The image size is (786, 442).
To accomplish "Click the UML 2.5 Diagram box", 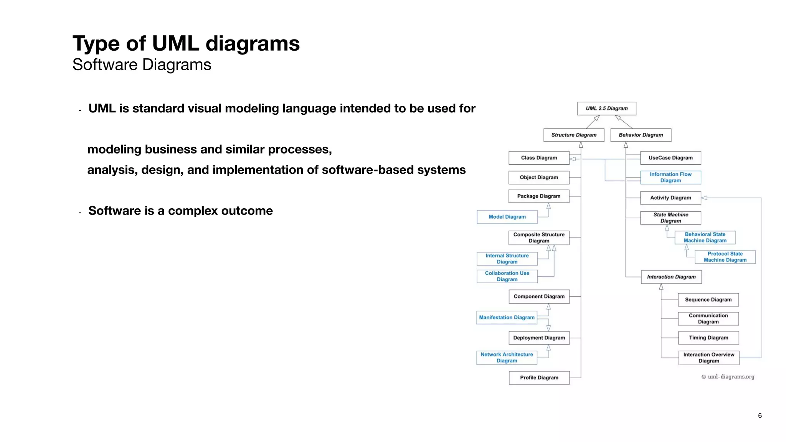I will pos(606,109).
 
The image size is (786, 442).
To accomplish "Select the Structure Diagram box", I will pos(574,135).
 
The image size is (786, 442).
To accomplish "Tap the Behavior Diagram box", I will pos(641,135).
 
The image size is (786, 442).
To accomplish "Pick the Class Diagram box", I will pos(539,158).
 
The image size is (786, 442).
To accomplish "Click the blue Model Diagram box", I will pos(507,217).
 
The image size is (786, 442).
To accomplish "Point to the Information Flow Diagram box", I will pos(670,177).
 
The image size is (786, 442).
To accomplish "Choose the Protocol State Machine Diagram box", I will pos(725,257).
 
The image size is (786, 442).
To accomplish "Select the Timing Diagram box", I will pos(708,338).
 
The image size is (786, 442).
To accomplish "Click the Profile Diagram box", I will pos(539,378).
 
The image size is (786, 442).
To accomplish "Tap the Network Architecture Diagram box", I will pos(507,358).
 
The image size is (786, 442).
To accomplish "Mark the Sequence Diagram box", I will pos(708,300).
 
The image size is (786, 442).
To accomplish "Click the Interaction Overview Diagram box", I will pos(708,358).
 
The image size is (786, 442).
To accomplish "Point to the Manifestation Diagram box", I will pos(507,317).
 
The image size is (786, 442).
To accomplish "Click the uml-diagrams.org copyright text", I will pos(728,377).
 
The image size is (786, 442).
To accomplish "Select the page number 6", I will pos(760,416).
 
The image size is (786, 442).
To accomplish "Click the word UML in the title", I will pos(175,43).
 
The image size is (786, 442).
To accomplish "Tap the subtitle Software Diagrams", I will pos(142,64).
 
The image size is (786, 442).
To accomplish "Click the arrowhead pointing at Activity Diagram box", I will pos(704,198).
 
